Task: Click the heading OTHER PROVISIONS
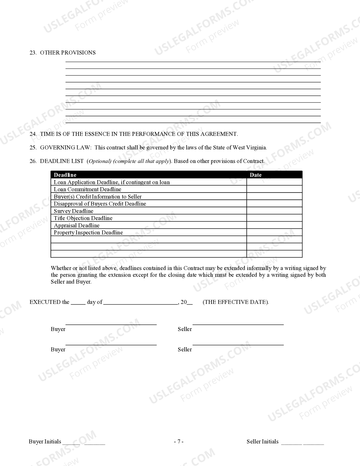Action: point(68,53)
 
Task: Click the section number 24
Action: point(33,134)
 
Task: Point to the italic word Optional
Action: point(99,161)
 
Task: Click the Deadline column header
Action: point(65,175)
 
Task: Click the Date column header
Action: point(256,175)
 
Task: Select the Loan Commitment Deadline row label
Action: point(88,190)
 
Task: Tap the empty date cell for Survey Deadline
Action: point(274,211)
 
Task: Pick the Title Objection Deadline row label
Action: point(83,218)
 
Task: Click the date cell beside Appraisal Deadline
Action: point(274,225)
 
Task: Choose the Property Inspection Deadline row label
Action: point(88,233)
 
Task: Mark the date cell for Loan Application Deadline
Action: point(274,182)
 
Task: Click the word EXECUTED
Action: point(45,302)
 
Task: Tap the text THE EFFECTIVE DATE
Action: point(235,302)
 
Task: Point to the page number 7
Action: point(178,442)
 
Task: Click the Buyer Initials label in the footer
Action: point(45,442)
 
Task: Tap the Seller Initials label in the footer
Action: point(262,442)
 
